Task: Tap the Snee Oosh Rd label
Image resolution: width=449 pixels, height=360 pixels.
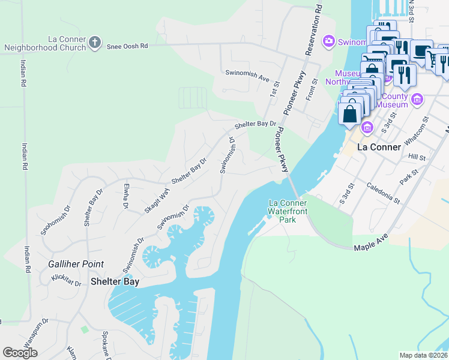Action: [127, 46]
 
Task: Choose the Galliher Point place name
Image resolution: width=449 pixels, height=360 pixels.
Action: [76, 264]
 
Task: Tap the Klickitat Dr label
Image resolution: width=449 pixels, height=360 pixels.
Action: [66, 278]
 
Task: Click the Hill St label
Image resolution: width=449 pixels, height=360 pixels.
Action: [417, 157]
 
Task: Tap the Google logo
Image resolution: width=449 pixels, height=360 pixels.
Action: [20, 353]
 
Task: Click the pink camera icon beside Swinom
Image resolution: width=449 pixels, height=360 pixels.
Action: [328, 41]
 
